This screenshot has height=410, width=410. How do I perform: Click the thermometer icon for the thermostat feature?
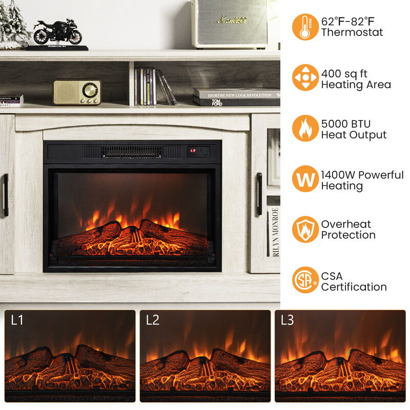point(305,27)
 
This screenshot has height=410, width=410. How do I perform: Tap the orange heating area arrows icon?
point(305,78)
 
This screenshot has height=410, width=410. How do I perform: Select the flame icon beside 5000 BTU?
point(305,128)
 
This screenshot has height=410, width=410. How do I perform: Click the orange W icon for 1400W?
point(305,179)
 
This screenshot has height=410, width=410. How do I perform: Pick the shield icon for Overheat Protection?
point(305,229)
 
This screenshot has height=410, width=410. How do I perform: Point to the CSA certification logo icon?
point(305,280)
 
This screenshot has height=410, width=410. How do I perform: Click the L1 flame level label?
point(17,320)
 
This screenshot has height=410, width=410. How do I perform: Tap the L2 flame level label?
point(153,320)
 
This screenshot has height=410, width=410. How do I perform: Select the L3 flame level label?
point(288,320)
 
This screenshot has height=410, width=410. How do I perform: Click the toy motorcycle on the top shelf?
point(57,33)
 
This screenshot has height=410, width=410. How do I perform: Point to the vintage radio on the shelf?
point(77,92)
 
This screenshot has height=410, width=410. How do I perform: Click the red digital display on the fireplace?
point(193,151)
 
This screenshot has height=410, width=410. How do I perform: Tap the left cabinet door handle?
point(6,195)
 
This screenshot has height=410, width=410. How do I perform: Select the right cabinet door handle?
point(259,194)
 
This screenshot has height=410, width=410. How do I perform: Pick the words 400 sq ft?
point(344,74)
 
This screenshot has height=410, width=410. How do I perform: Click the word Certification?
point(354,287)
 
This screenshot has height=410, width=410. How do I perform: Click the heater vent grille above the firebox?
point(131,152)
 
